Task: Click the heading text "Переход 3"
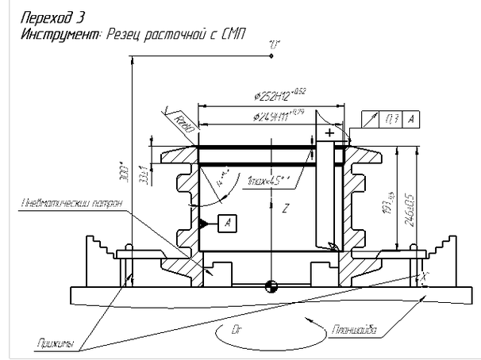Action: [53, 16]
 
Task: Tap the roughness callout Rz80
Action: [184, 124]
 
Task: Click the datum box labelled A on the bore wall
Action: [226, 222]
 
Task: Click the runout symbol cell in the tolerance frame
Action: [371, 119]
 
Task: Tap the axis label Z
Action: [283, 209]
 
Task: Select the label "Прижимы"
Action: [55, 343]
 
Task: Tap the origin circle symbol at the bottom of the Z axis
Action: [272, 286]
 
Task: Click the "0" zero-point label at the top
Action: [275, 45]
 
